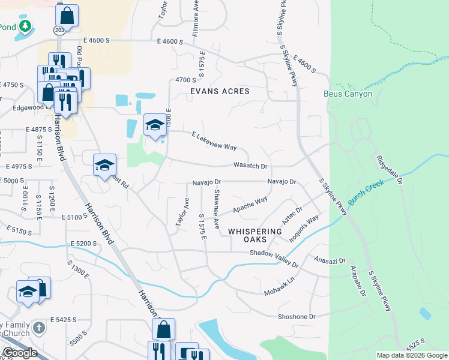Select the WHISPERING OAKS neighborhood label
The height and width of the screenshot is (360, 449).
(x=255, y=235)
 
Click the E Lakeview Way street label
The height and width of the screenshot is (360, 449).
(x=214, y=142)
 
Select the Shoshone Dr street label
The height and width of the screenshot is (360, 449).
(x=297, y=316)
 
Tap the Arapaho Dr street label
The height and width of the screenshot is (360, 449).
(x=363, y=283)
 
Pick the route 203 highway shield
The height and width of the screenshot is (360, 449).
(x=59, y=29)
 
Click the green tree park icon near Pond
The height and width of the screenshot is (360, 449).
(x=25, y=26)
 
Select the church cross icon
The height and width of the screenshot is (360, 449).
(x=38, y=328)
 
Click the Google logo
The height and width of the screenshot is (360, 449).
(x=20, y=353)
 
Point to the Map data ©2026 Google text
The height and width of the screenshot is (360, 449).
(x=411, y=355)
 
